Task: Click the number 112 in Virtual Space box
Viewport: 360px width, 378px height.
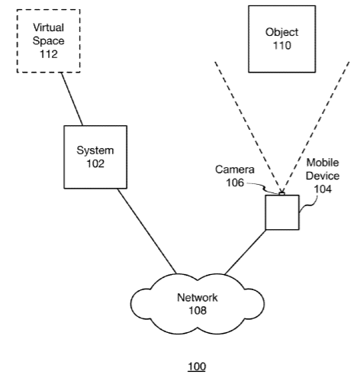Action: coord(49,54)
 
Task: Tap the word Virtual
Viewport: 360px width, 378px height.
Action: coord(48,27)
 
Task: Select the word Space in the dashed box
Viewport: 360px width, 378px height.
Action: coord(48,41)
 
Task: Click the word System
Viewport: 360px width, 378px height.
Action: coord(95,150)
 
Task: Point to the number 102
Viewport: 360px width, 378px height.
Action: coord(95,163)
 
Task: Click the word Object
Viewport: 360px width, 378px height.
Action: coord(281,33)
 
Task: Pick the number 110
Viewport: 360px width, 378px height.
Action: coord(282,46)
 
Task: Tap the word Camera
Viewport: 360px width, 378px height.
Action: coord(235,170)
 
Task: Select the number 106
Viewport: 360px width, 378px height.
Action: coord(235,183)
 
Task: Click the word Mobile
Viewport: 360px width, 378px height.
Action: coord(323,163)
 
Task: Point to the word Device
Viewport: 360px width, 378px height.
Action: coord(323,176)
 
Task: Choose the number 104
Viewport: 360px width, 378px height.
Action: coord(323,189)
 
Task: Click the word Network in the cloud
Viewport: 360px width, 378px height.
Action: coord(198,298)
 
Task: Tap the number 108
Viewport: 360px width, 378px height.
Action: coord(198,311)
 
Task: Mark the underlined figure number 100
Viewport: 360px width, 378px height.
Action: coord(197,367)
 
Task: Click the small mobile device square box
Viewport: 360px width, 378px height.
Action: coord(282,212)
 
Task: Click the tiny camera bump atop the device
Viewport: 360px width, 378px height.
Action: coord(281,194)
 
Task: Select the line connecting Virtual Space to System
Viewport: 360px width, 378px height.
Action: coord(72,99)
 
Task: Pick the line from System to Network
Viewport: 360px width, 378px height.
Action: coord(147,231)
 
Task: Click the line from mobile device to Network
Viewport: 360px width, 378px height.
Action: coord(245,252)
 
